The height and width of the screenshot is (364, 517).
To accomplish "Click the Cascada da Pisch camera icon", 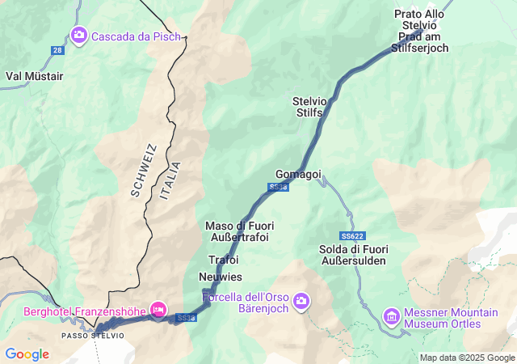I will (79, 35).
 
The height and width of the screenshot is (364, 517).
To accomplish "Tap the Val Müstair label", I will (34, 76).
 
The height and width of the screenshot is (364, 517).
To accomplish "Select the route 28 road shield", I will (57, 50).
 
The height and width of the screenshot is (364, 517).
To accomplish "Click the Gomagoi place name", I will (298, 174).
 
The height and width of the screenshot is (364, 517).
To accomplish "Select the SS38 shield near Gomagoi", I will (278, 187).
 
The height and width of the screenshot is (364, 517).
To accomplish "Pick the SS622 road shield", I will (352, 235).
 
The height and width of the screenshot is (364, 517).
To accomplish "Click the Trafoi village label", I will (223, 260).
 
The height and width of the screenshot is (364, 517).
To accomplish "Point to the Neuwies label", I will (220, 277).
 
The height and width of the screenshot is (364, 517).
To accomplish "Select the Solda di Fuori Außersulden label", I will (353, 255).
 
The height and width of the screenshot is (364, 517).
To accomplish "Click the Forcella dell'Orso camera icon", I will (301, 301).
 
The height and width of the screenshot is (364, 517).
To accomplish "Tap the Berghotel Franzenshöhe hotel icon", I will (158, 308).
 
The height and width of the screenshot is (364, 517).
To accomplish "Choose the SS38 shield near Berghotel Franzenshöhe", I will (186, 318).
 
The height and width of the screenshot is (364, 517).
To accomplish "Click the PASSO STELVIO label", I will (93, 335).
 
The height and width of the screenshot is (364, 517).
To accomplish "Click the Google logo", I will (27, 354).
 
